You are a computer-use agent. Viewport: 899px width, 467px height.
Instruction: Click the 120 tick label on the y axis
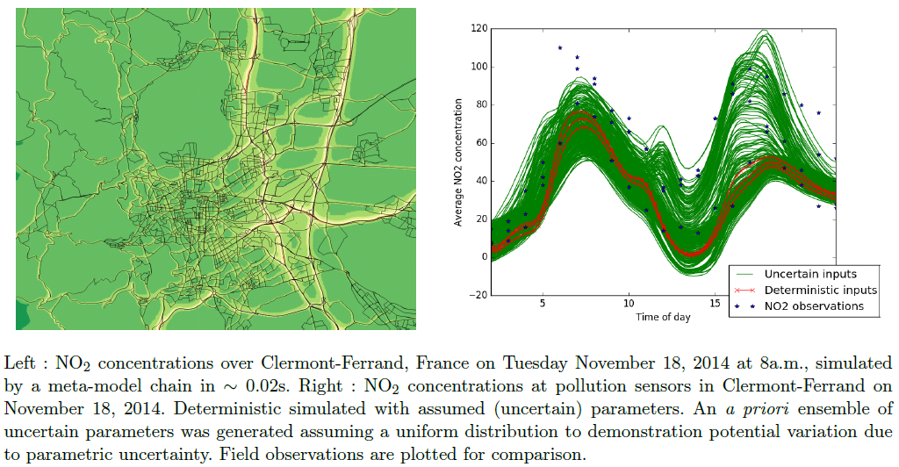click(478, 29)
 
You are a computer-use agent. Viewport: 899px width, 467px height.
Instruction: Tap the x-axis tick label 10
click(629, 304)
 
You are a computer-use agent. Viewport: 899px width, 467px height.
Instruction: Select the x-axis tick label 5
click(543, 304)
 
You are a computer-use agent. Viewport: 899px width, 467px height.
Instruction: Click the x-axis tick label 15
click(715, 304)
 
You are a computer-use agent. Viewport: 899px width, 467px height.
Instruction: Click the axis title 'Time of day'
click(663, 317)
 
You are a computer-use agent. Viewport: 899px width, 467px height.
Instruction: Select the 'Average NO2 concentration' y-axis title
click(458, 162)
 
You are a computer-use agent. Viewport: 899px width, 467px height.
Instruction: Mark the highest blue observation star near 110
click(559, 48)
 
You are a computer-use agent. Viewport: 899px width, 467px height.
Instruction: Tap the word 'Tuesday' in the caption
click(535, 364)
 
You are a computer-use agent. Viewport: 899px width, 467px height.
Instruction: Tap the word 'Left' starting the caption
click(21, 363)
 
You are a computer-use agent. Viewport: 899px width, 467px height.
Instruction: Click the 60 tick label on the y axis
click(481, 143)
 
